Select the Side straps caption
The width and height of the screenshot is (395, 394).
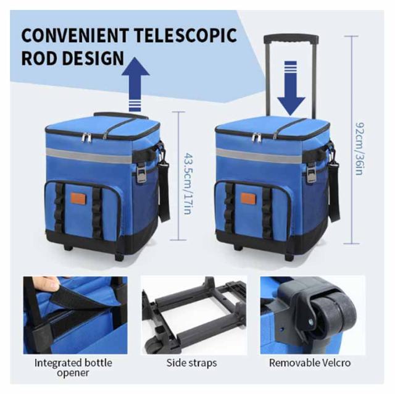[x=192, y=363]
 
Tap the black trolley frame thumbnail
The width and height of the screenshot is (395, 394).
[x=192, y=314]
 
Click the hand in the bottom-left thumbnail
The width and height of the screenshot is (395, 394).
[x=43, y=285]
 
